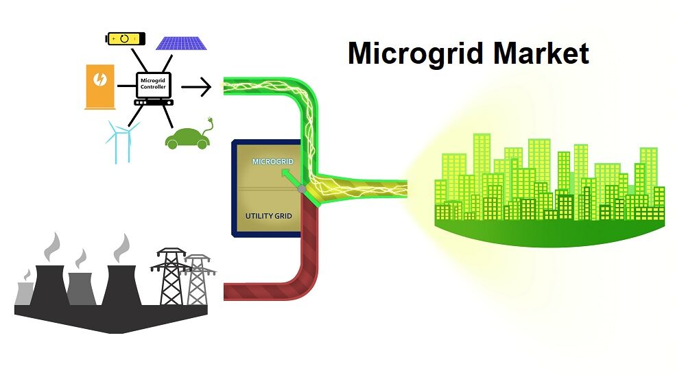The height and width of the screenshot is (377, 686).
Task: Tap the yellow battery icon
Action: (x=126, y=38)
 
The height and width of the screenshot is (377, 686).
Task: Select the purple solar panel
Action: (x=182, y=42)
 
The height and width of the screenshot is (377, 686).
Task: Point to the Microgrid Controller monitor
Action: (x=153, y=86)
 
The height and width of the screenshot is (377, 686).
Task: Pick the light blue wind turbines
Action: (x=121, y=140)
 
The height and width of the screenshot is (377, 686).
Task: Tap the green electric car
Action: (x=186, y=138)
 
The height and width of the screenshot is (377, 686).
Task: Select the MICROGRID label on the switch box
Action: (x=273, y=162)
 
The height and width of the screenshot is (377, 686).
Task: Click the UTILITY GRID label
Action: (x=269, y=216)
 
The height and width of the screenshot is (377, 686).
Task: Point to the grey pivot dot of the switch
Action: (x=302, y=188)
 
